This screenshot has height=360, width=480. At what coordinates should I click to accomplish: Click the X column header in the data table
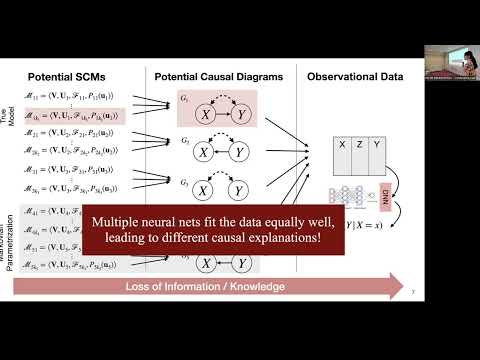pos(343,144)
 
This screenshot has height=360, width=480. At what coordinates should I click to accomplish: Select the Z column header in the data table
pos(359,144)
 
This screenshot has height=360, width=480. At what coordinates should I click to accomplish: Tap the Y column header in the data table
pos(376,144)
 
